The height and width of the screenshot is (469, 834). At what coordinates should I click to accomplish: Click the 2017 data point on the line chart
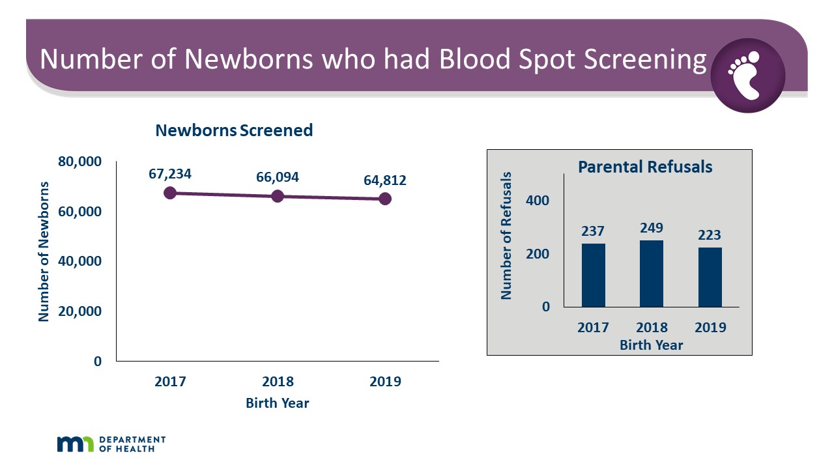(170, 193)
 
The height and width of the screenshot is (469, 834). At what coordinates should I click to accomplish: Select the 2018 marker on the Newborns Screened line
(278, 196)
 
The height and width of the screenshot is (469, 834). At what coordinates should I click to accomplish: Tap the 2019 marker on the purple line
(385, 199)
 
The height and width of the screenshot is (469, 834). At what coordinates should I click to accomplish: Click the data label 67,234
(170, 174)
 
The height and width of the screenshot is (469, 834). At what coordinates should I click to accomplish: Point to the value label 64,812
(385, 180)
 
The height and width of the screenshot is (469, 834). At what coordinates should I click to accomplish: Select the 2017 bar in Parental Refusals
(593, 275)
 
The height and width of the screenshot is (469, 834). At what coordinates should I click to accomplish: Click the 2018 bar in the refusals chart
(652, 274)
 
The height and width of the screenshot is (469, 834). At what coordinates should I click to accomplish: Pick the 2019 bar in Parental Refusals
(710, 277)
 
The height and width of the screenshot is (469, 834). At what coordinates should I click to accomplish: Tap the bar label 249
(652, 228)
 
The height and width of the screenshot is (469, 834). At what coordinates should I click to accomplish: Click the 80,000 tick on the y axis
(79, 162)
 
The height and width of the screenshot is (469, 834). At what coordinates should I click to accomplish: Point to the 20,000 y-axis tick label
(79, 311)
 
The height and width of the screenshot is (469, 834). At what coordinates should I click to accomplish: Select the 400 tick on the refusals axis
(538, 201)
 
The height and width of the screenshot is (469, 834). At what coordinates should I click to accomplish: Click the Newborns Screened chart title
(234, 130)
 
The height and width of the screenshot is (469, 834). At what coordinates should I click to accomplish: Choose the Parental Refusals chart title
(645, 167)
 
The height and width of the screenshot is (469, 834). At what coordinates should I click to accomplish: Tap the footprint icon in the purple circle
(747, 76)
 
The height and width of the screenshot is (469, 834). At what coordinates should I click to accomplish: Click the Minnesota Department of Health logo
(111, 444)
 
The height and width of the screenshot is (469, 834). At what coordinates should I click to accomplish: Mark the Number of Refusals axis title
(506, 236)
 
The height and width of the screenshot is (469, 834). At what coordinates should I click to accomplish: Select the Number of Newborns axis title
(44, 250)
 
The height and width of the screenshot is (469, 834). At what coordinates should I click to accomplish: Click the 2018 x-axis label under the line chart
(278, 382)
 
